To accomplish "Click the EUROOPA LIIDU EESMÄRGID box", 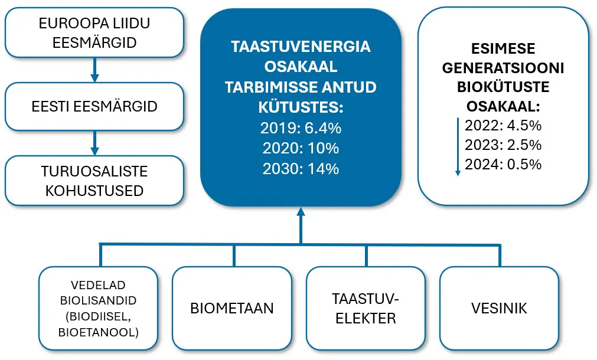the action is coord(94,32).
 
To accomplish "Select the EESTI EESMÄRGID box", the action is coord(94,107).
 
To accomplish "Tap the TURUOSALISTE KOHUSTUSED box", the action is coord(94,181).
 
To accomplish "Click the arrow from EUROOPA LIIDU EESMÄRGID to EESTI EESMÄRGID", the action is coord(95,70).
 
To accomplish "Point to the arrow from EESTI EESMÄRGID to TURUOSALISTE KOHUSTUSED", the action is coord(95,143).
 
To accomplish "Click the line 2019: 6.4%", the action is coord(301,128).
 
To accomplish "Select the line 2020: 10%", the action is coord(301,148).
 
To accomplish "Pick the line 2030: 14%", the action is coord(301,169).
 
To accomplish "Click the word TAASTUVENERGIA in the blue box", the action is coord(301,47).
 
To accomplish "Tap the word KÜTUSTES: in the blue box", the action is coord(301,107).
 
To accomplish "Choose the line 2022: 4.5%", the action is coord(503,126).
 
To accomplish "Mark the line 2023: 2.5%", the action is coord(503,145).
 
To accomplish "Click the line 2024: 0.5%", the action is coord(503,165).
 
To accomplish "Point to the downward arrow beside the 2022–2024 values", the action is coord(458,147).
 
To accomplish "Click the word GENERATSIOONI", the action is coord(503,68).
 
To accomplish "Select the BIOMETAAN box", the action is coord(232,308).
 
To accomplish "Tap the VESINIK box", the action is coord(499,308).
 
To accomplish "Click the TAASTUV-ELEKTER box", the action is coord(366,308).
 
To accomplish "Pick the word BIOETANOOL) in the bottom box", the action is coord(99,333).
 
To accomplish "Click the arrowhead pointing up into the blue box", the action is coord(301,212).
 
